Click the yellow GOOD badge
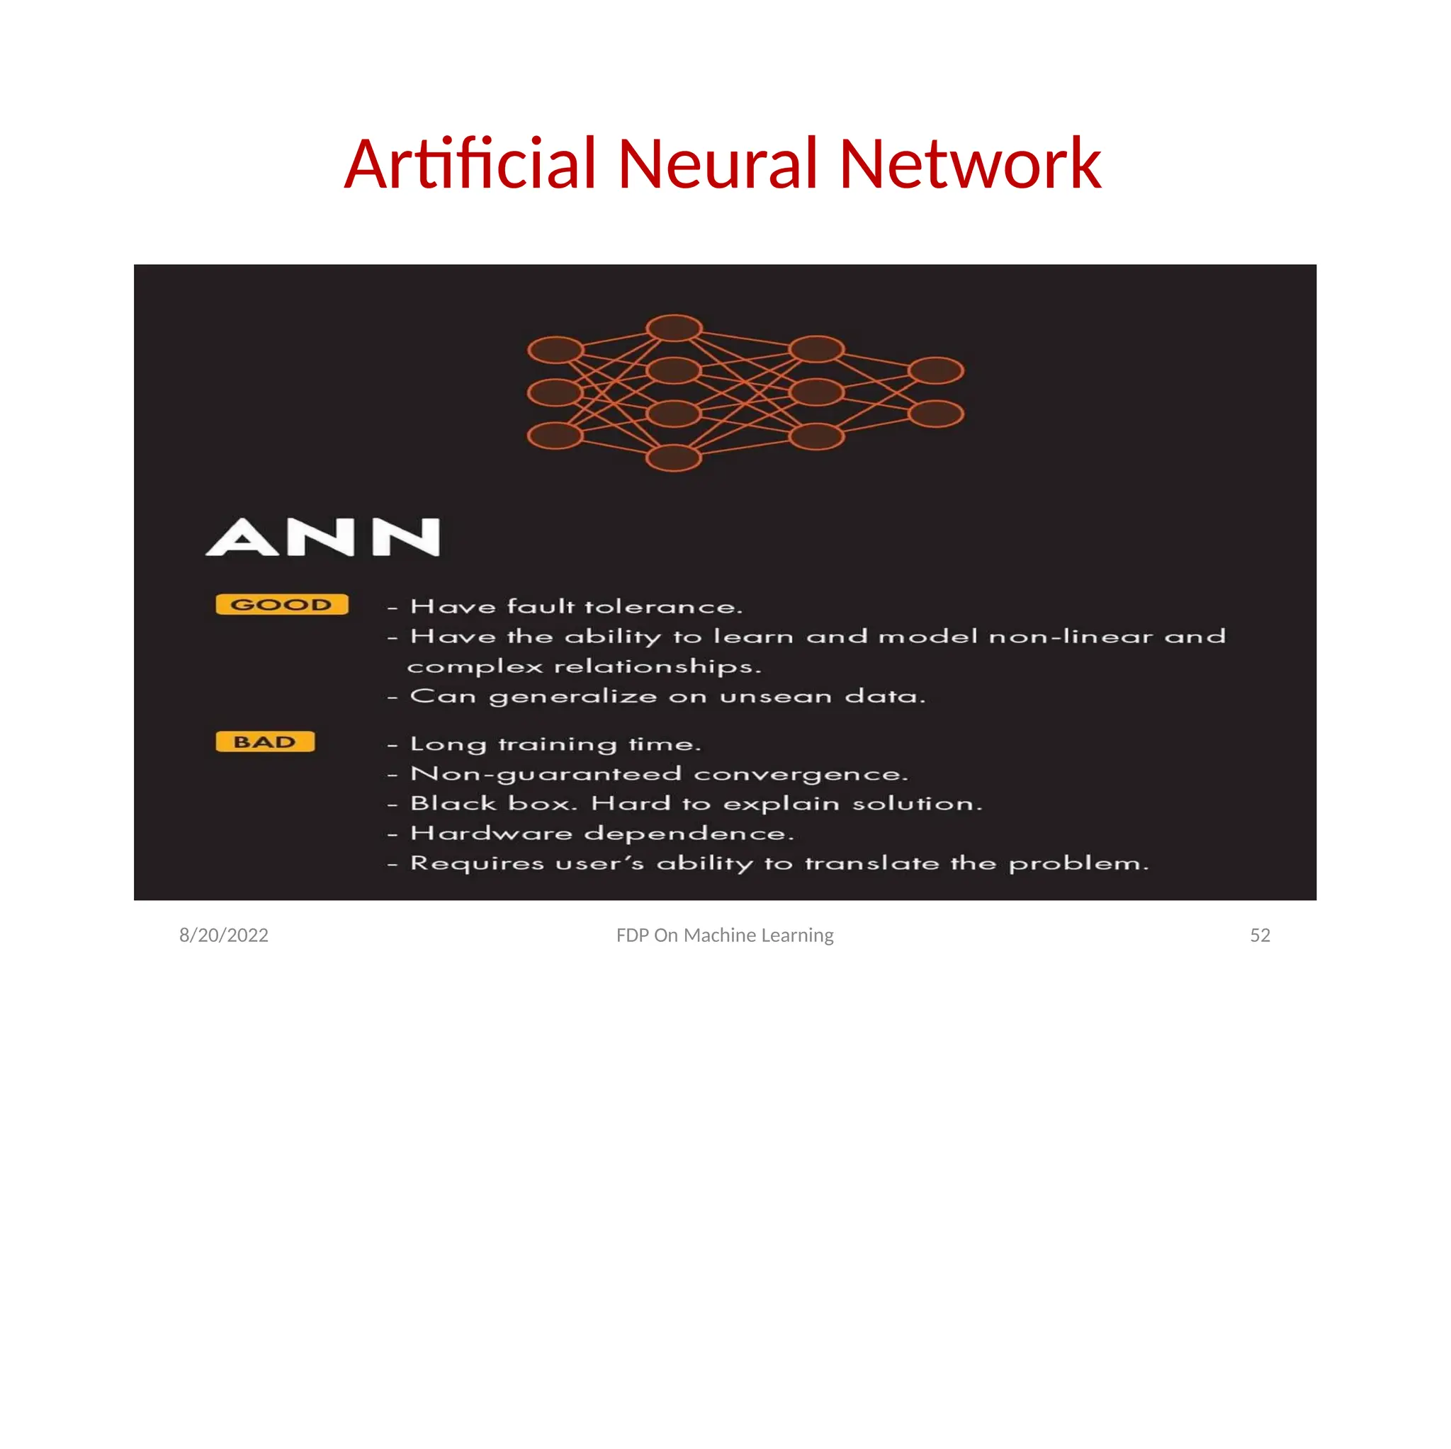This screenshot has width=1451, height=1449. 282,604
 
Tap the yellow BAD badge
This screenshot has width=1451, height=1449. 264,741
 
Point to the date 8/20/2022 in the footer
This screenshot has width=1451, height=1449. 224,935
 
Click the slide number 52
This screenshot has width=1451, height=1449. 1260,935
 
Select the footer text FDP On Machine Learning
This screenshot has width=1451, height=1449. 725,935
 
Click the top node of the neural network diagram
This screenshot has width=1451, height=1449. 674,328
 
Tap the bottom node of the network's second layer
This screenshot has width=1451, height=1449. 674,458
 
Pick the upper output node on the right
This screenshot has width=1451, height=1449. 936,370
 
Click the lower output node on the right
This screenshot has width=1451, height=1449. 936,414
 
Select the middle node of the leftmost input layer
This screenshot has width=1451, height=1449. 555,392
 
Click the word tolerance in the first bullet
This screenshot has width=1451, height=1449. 663,607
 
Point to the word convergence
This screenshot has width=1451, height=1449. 801,774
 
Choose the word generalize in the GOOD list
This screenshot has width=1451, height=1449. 573,698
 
